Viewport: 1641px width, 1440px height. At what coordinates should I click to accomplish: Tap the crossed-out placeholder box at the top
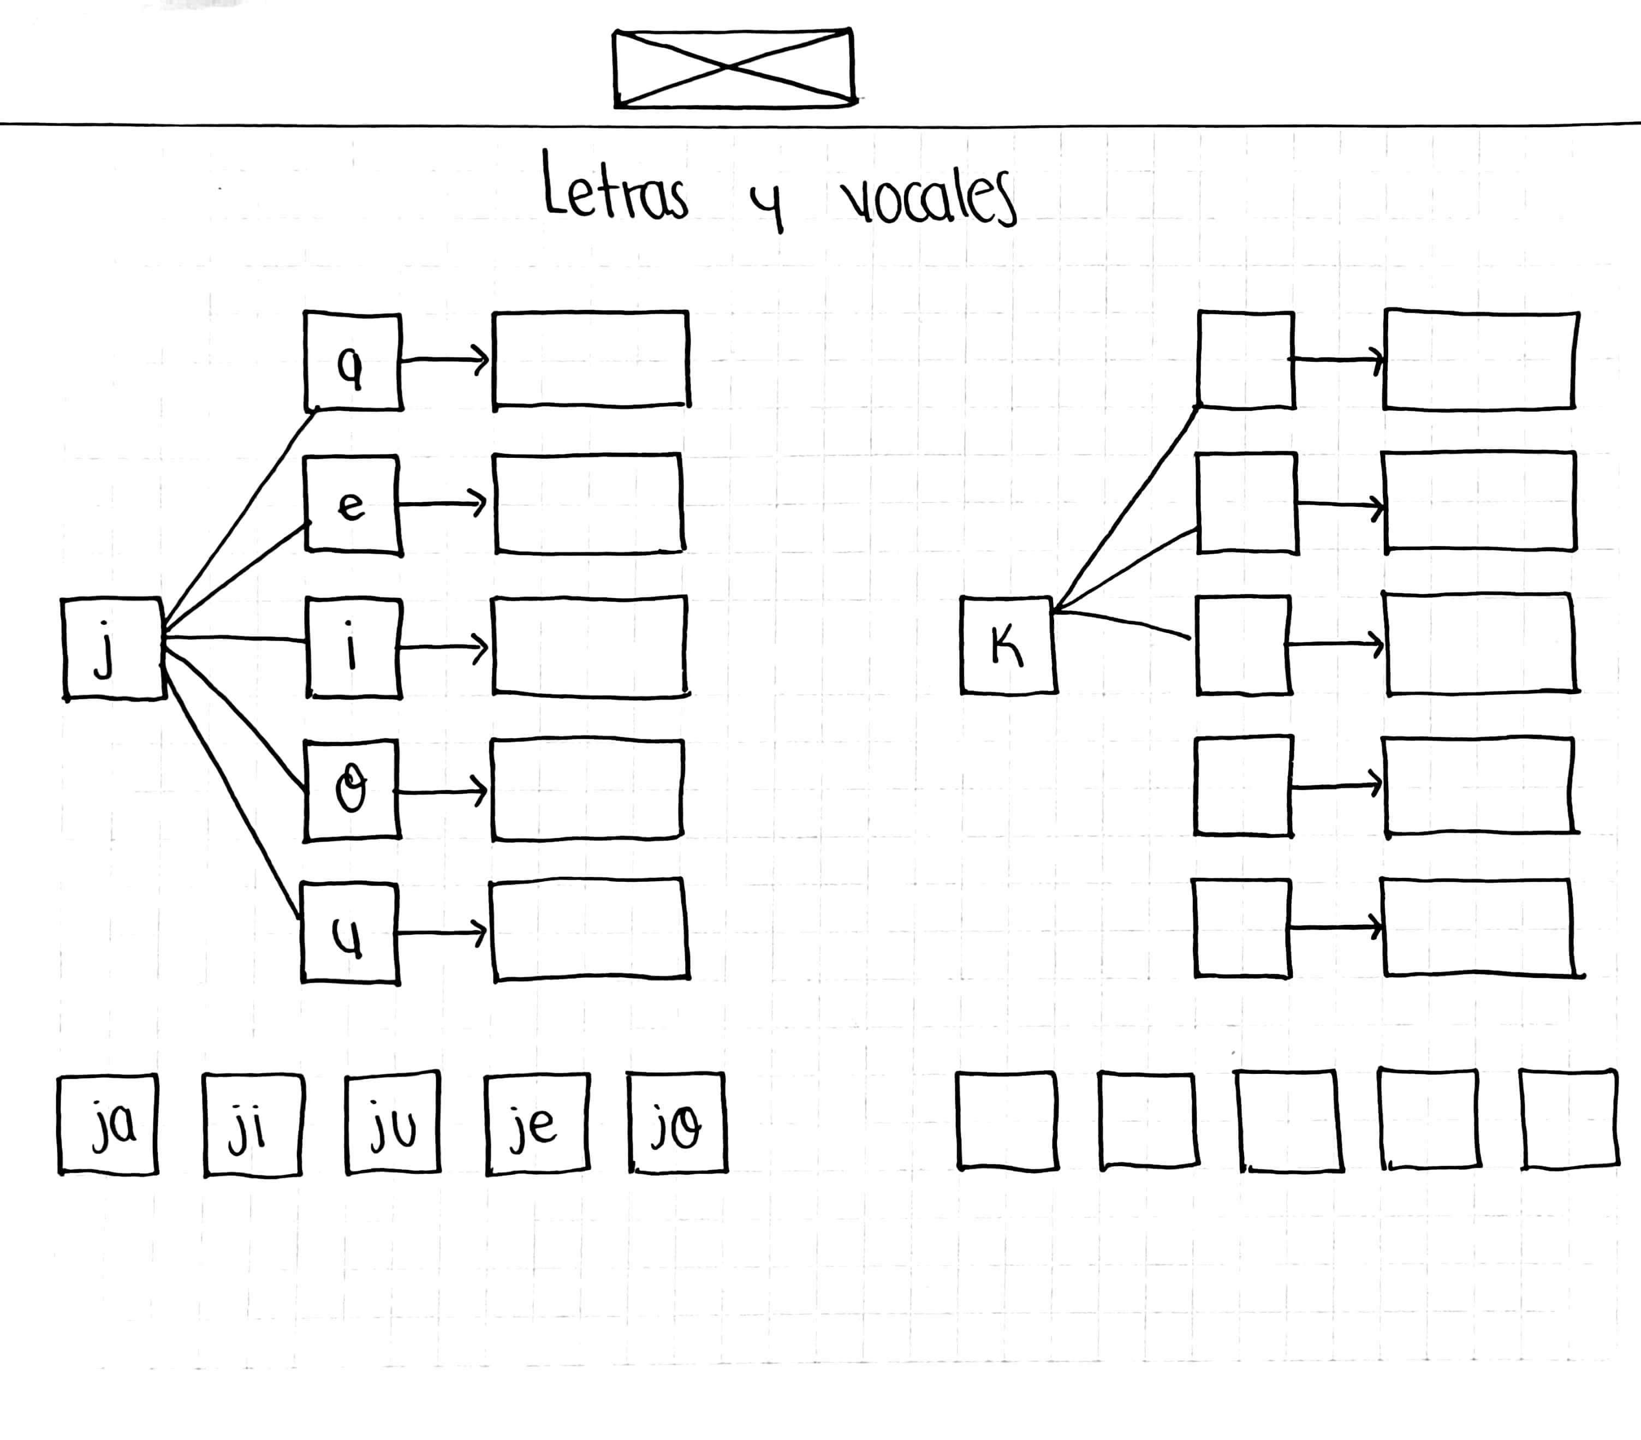tap(733, 68)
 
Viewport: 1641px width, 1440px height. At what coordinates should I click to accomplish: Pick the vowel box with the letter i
tap(353, 647)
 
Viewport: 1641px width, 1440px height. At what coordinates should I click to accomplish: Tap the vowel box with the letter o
tap(351, 790)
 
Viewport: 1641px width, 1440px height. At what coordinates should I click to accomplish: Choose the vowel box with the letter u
tap(349, 933)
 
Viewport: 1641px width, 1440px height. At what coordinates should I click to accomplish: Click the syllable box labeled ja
tap(109, 1124)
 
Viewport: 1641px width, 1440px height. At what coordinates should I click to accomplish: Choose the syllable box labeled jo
tap(677, 1123)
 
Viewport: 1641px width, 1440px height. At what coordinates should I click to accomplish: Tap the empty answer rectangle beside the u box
tap(590, 929)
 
